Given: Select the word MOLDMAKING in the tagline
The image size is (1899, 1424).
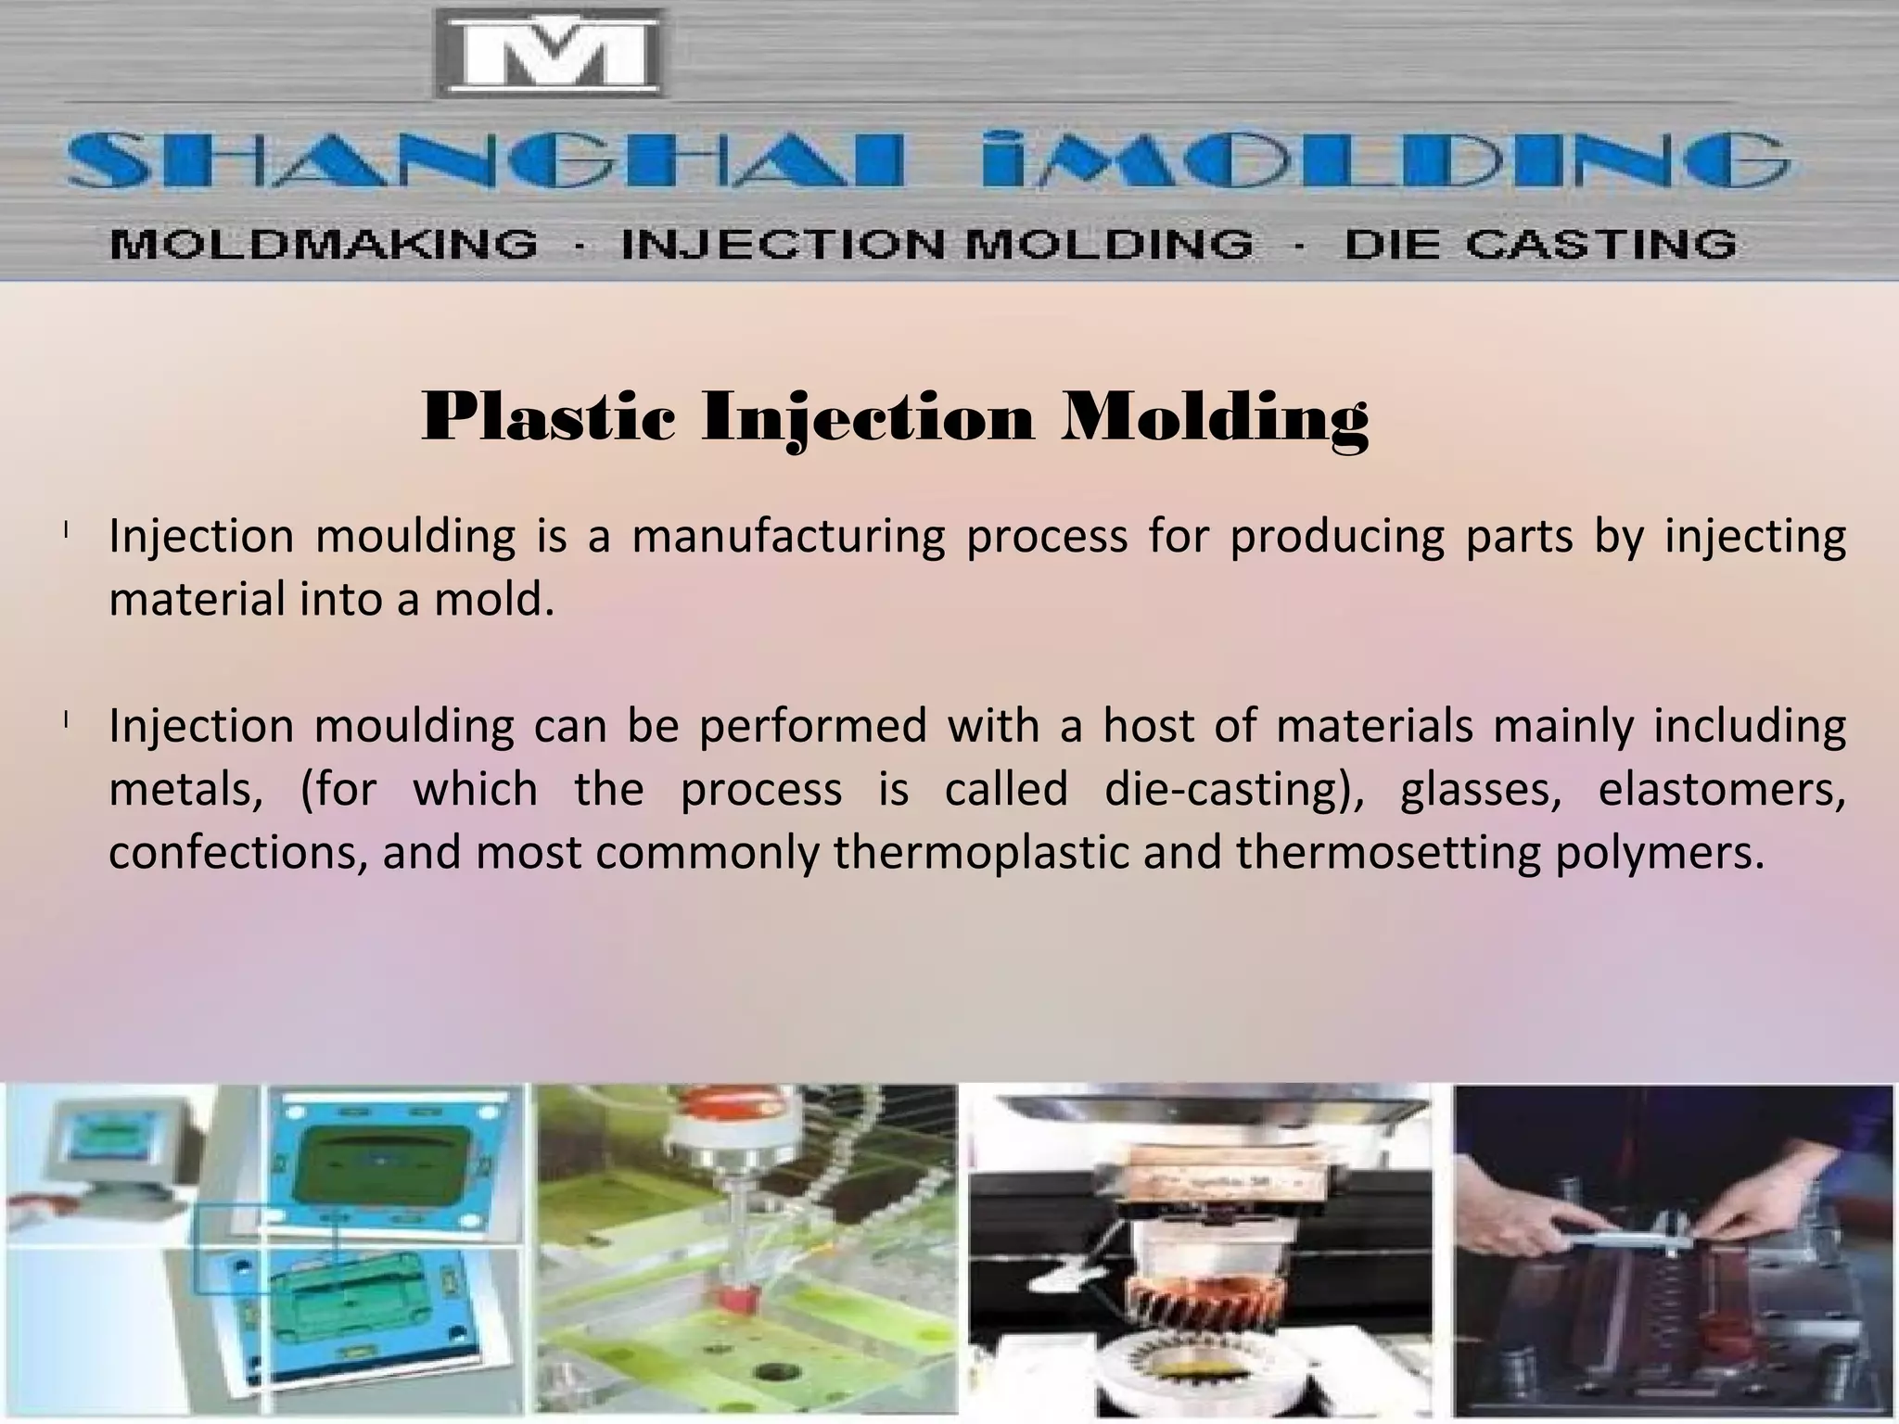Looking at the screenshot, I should (324, 245).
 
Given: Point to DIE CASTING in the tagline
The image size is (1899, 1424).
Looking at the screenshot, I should (1540, 245).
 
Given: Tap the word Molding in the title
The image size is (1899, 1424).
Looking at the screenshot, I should (1215, 419).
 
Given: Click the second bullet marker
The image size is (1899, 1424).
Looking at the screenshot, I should (67, 722).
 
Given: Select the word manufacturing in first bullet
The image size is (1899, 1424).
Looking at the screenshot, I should (788, 538).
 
